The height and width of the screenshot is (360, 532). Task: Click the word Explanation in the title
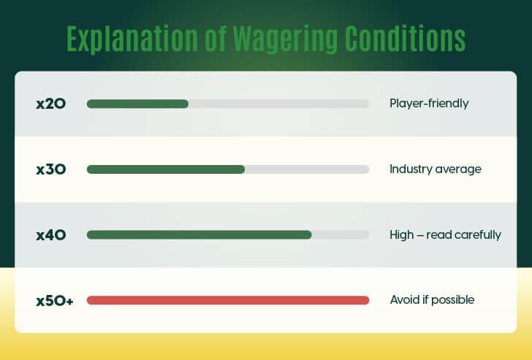(132, 39)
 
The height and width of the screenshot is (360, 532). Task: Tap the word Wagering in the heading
(286, 39)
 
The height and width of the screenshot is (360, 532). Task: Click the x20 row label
(51, 104)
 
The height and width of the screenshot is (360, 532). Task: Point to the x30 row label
(51, 169)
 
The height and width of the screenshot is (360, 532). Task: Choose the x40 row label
(51, 235)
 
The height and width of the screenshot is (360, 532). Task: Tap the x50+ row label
(55, 301)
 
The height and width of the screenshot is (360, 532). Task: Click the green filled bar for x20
(137, 104)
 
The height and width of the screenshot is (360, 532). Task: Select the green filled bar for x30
(166, 169)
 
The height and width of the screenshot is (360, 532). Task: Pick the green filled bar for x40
(199, 234)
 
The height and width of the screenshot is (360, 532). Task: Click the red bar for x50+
(228, 300)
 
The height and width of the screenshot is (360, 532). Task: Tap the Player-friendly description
(429, 104)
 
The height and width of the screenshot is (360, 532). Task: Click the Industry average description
(436, 169)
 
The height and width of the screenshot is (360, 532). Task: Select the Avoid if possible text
(433, 299)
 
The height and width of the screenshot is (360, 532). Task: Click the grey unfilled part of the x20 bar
(278, 104)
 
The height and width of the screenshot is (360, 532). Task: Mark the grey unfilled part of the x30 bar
(307, 169)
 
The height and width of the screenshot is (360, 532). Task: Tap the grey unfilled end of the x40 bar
(341, 234)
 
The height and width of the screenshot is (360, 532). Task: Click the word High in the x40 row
(402, 234)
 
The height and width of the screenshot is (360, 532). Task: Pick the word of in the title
(216, 38)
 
